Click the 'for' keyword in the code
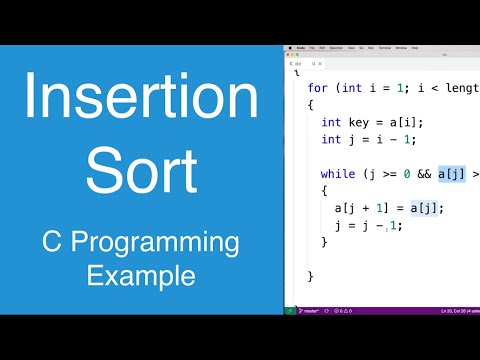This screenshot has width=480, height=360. point(317,87)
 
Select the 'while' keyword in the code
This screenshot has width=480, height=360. point(337,173)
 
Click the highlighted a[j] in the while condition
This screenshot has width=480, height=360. point(451,173)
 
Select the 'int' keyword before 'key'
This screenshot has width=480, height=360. point(331,122)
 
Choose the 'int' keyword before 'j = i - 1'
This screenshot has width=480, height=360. point(331,139)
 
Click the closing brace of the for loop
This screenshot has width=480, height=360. point(311,276)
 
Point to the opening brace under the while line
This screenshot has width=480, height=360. point(324,190)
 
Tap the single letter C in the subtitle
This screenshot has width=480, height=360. point(52,243)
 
